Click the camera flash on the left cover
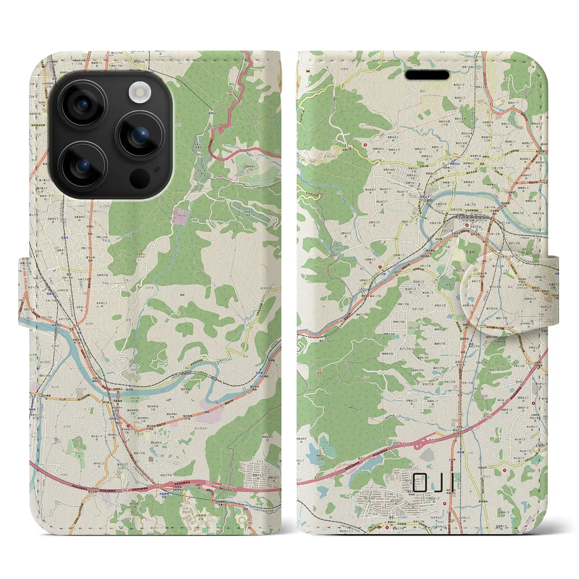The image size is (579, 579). (x=139, y=93)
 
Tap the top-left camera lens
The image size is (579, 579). (x=83, y=104)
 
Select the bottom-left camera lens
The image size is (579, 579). (x=83, y=166)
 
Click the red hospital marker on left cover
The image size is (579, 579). (x=128, y=425)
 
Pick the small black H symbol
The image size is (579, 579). (x=308, y=70)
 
